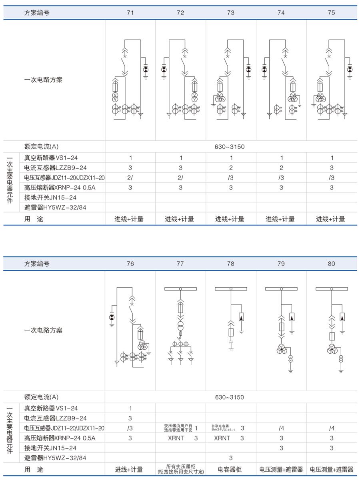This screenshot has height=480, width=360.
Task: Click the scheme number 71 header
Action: [x=130, y=13]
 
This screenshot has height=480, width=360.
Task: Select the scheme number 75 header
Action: [x=331, y=13]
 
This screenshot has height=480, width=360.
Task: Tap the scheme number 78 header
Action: [x=231, y=264]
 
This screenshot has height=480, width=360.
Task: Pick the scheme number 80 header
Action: [x=331, y=264]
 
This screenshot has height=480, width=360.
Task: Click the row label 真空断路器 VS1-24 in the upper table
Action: [x=51, y=157]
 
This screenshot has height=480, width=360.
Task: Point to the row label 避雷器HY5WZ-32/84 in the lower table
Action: [x=55, y=458]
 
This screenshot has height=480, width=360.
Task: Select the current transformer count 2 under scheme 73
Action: [x=231, y=168]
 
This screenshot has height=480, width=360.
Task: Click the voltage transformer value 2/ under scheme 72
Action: [x=180, y=178]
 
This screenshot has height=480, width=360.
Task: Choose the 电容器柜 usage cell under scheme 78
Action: [x=231, y=470]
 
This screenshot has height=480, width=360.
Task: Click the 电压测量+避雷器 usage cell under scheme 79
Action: [x=281, y=470]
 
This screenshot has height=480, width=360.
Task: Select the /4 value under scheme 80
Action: [x=332, y=428]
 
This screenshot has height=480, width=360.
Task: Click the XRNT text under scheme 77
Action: [x=176, y=438]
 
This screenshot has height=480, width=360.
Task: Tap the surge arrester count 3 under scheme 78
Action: [x=231, y=458]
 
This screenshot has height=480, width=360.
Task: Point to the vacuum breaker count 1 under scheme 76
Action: [x=130, y=408]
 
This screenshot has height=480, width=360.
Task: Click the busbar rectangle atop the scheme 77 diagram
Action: [x=180, y=289]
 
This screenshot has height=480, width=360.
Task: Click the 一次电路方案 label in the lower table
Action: [x=43, y=331]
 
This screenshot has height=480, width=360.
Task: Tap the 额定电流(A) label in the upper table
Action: [x=41, y=147]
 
